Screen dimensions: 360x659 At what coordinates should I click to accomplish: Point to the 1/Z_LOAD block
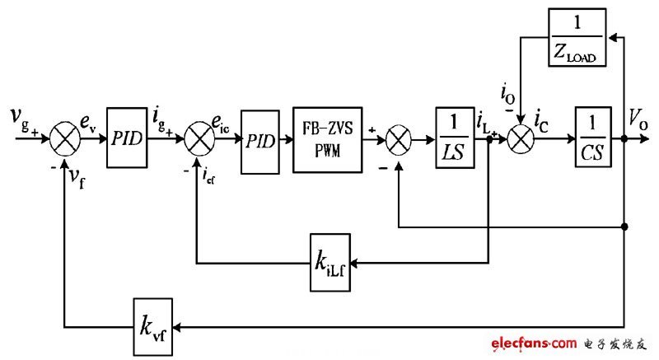[577, 37]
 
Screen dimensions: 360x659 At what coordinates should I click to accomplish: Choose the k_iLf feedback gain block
[331, 263]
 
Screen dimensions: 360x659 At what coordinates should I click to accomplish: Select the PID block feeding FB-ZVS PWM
[259, 141]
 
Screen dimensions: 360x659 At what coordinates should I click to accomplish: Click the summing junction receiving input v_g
[64, 141]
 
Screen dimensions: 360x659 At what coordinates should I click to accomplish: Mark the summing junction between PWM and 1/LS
[398, 141]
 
